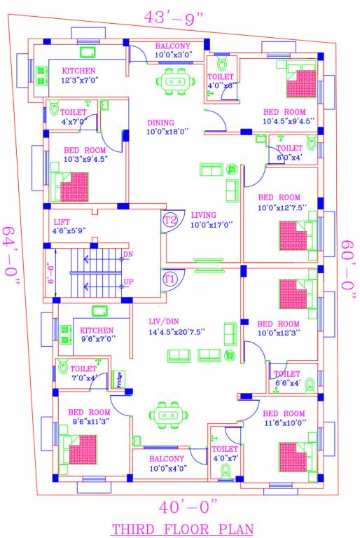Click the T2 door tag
coord(170,220)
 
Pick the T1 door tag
coord(169,279)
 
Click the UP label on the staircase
coord(128,282)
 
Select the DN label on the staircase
coord(127,254)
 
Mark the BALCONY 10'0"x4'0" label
coord(167,464)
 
